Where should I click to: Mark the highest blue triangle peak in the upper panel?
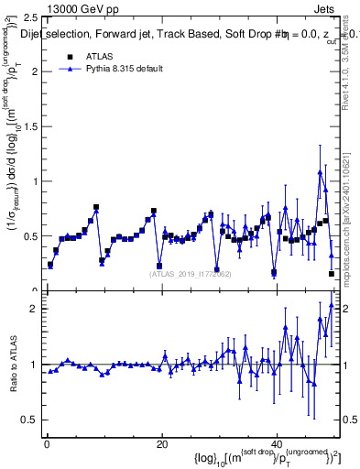coord(320,171)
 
